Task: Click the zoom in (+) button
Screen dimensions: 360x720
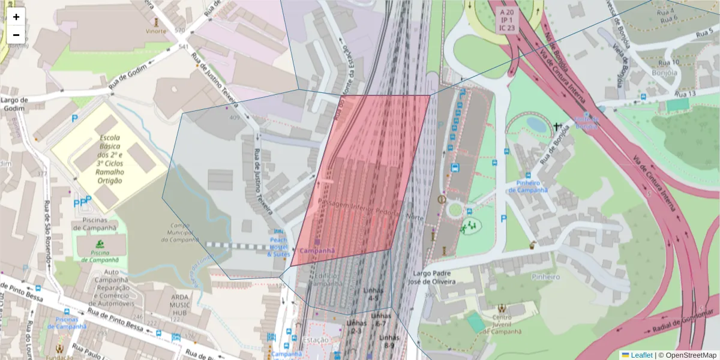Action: point(16,17)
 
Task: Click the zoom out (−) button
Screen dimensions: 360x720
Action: point(16,35)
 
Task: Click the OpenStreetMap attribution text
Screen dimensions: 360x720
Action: point(687,355)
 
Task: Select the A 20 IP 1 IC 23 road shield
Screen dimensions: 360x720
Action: point(506,20)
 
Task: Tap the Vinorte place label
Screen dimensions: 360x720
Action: point(155,31)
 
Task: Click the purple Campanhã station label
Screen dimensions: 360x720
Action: point(316,251)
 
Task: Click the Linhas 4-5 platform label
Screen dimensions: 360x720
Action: point(373,294)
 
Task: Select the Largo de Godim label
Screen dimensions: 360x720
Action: point(15,103)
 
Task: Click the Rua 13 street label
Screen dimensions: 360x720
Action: point(685,94)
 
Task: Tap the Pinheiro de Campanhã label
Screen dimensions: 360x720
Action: point(528,187)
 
